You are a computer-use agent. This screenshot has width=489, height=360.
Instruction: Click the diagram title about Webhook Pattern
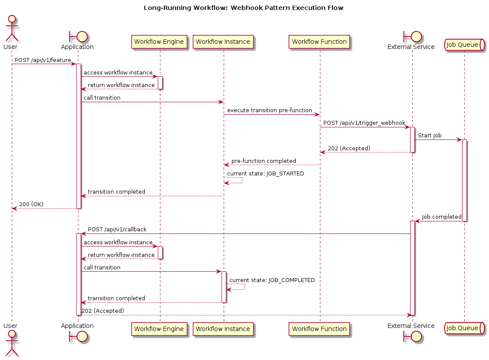pyautogui.click(x=244, y=8)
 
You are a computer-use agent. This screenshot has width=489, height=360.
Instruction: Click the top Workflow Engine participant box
pyautogui.click(x=159, y=42)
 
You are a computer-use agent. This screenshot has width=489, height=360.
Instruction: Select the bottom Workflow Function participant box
pyautogui.click(x=319, y=329)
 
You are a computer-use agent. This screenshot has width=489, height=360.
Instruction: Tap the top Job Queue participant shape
pyautogui.click(x=464, y=45)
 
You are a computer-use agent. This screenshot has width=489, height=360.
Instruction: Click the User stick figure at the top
pyautogui.click(x=12, y=28)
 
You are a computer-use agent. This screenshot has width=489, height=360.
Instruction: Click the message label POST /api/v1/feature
pyautogui.click(x=43, y=60)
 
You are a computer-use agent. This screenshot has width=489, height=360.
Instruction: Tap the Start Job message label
pyautogui.click(x=430, y=136)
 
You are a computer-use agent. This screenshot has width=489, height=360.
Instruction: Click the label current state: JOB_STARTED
pyautogui.click(x=266, y=173)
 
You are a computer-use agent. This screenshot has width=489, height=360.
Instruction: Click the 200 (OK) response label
pyautogui.click(x=31, y=204)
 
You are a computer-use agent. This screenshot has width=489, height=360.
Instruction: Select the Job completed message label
pyautogui.click(x=442, y=217)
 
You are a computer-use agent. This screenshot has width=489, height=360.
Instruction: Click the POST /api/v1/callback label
pyautogui.click(x=117, y=230)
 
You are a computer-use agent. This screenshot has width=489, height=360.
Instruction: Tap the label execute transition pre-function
pyautogui.click(x=270, y=110)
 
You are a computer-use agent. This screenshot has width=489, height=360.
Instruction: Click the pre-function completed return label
pyautogui.click(x=264, y=161)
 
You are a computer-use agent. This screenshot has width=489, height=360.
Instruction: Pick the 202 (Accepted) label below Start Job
pyautogui.click(x=349, y=148)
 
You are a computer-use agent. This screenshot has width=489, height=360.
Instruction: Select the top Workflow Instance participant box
pyautogui.click(x=223, y=42)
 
